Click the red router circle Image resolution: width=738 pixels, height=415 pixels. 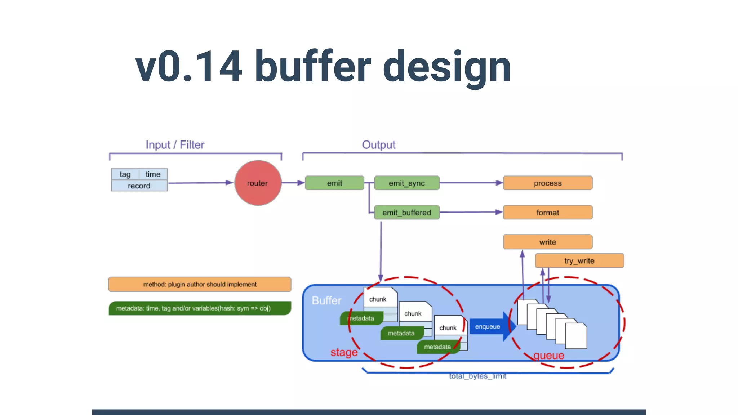[x=258, y=183]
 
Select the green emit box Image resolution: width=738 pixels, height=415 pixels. [x=334, y=183]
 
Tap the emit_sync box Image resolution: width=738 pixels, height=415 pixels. [x=406, y=183]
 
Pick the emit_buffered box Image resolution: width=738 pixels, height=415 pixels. [x=406, y=213]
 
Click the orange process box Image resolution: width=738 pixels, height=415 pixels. [x=547, y=183]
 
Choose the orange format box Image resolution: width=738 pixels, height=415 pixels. [x=547, y=213]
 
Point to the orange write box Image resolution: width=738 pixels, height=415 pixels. [x=547, y=242]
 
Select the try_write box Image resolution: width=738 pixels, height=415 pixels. [x=579, y=261]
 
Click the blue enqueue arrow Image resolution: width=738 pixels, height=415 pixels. [x=490, y=326]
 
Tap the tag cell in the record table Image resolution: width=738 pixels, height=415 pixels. [x=125, y=174]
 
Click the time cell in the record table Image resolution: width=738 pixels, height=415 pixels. [x=153, y=174]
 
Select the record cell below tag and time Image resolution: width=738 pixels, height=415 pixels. [x=139, y=186]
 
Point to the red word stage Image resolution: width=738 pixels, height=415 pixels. [x=344, y=352]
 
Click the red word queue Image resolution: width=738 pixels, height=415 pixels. [x=548, y=356]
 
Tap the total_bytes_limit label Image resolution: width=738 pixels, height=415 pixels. [x=477, y=376]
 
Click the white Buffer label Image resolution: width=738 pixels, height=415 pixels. [x=326, y=300]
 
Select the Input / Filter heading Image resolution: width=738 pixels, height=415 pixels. [x=175, y=145]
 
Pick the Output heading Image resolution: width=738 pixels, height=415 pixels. [x=378, y=145]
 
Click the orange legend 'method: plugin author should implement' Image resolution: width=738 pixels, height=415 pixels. [x=200, y=284]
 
